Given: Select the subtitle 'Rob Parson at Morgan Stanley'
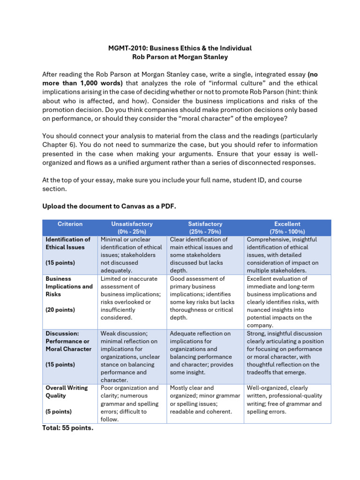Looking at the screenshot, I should pos(180,57).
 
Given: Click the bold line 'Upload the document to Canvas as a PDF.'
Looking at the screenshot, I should pos(109,206).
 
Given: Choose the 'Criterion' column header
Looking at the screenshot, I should pos(69,224).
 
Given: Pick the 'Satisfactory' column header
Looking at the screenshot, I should pos(205,224).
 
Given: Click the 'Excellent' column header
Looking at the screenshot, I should pos(287,224).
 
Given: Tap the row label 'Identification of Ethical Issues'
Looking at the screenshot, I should pos(67,243).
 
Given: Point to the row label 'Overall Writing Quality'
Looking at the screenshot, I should pos(67,391).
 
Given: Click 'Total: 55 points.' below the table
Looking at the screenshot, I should pos(67,427).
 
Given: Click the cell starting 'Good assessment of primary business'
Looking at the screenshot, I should pos(205,298).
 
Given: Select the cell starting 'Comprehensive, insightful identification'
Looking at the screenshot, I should pos(287,255).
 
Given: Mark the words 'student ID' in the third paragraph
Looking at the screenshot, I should pos(240,180).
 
